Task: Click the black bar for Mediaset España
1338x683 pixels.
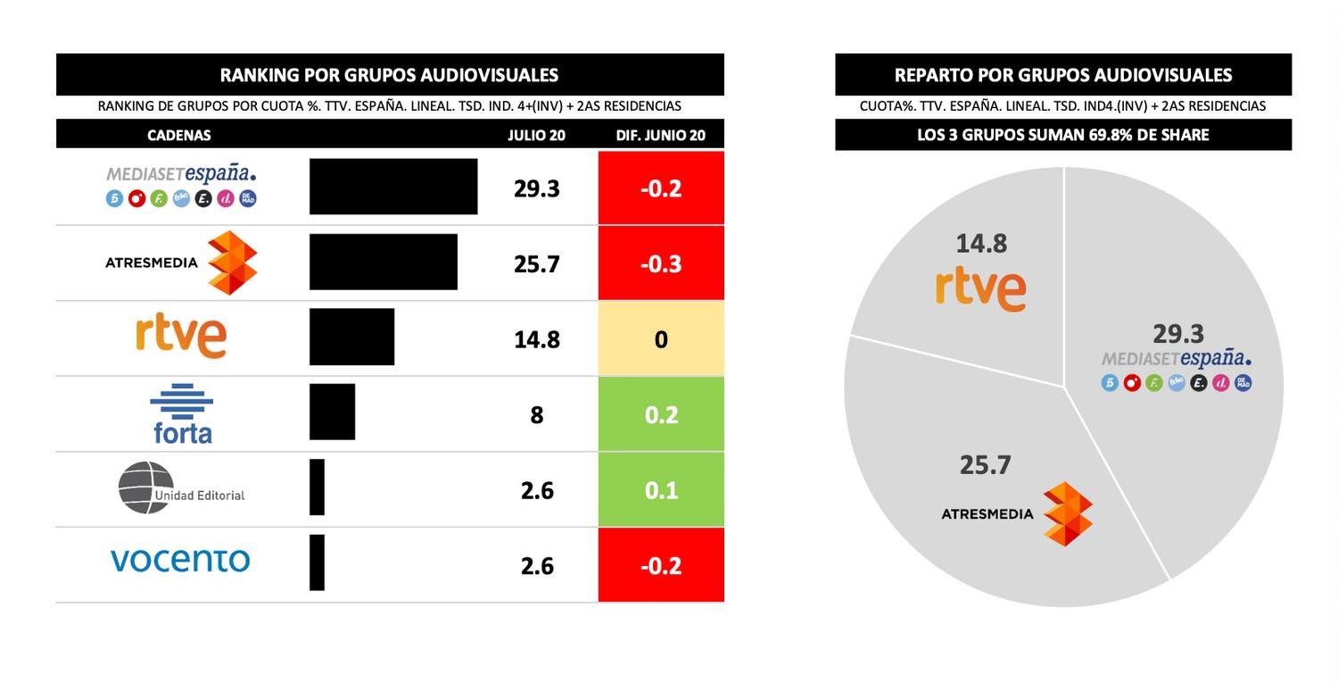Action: click(393, 187)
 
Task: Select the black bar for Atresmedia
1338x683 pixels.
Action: click(384, 262)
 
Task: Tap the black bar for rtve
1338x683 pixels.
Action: click(351, 337)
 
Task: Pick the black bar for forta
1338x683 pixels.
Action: click(332, 412)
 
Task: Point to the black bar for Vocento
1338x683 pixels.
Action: click(317, 562)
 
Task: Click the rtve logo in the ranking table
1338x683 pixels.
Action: click(181, 337)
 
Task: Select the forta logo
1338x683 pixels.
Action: click(182, 413)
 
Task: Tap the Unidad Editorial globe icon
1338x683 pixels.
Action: click(145, 487)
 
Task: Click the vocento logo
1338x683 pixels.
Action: click(180, 561)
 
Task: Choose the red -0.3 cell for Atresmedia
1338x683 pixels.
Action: click(661, 263)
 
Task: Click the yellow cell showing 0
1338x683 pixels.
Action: click(661, 339)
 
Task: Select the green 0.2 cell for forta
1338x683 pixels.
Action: click(661, 414)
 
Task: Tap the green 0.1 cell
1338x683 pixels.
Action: click(661, 490)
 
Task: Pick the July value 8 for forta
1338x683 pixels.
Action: click(537, 415)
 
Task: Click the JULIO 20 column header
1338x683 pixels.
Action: click(537, 136)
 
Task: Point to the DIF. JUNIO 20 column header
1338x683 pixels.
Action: click(661, 136)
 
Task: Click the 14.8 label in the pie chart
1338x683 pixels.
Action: click(981, 243)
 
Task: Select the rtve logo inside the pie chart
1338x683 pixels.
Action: click(981, 288)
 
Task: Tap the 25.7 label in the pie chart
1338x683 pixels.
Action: click(985, 465)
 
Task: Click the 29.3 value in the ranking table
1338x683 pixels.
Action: click(537, 188)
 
